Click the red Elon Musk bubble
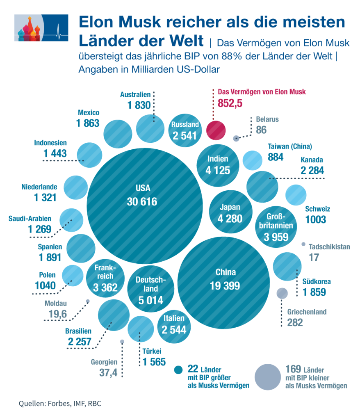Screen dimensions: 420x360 (x=216, y=130)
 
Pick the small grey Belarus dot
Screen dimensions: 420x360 (x=236, y=139)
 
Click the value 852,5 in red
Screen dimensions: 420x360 (x=230, y=103)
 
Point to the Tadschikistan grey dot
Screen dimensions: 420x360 (x=303, y=244)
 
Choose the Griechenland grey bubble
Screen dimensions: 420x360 (x=282, y=293)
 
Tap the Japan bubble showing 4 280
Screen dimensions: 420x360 (x=230, y=213)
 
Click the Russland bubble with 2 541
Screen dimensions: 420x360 (x=185, y=130)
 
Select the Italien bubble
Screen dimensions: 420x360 (x=174, y=324)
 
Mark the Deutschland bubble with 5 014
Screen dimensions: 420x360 (x=150, y=290)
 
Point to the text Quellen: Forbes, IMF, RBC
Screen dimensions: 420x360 (x=60, y=404)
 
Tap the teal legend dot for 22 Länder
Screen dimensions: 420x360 (x=178, y=370)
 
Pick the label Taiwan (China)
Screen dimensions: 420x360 (x=290, y=146)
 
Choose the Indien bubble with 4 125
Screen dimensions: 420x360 (x=219, y=164)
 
